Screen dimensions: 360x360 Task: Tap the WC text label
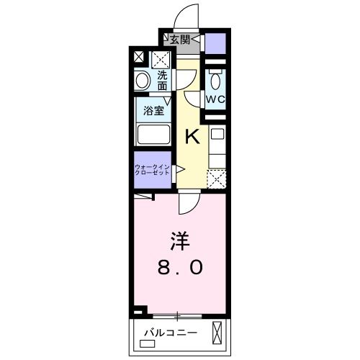215,97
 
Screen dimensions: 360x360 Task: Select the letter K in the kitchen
192,136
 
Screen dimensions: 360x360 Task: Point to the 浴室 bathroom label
153,111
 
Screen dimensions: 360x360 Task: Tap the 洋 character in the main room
180,238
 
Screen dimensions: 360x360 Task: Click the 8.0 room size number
180,268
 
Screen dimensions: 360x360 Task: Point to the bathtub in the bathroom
153,135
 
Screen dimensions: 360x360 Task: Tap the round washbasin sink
142,81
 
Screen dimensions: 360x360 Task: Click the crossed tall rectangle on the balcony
218,333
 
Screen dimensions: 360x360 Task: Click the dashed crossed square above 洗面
161,58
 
